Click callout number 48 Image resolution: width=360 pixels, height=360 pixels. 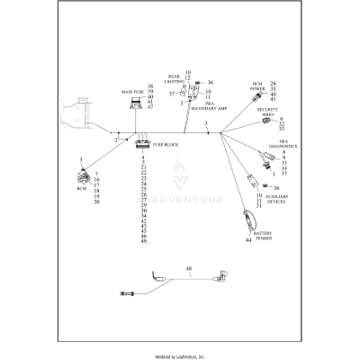point(189,269)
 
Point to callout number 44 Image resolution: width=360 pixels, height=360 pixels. point(247,240)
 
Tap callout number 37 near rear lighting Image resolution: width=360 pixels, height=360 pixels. point(172,93)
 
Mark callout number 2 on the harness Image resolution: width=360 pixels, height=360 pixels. point(115,140)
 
